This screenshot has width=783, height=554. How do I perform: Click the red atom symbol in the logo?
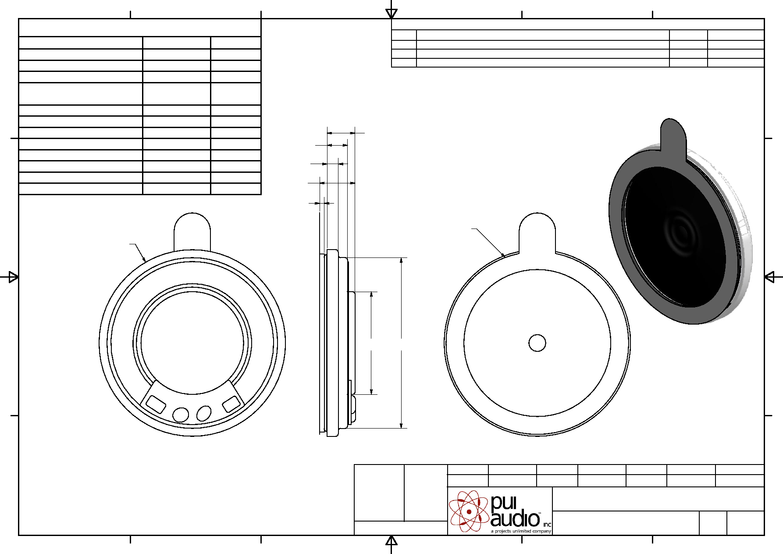(x=469, y=511)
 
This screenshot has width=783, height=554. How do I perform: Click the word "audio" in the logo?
(x=515, y=519)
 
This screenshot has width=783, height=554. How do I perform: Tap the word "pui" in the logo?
(x=504, y=503)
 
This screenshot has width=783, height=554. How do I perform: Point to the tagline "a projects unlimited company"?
(x=521, y=531)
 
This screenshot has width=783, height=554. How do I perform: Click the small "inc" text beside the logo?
(x=547, y=525)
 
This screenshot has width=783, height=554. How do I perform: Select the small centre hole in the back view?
(x=537, y=343)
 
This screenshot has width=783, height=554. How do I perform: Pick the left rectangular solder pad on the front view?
(x=156, y=404)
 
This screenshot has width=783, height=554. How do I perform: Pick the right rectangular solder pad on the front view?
(x=231, y=404)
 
